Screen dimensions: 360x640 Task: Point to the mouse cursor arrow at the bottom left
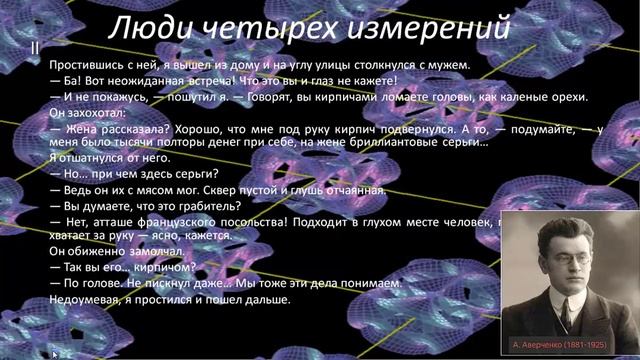click(55, 352)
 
